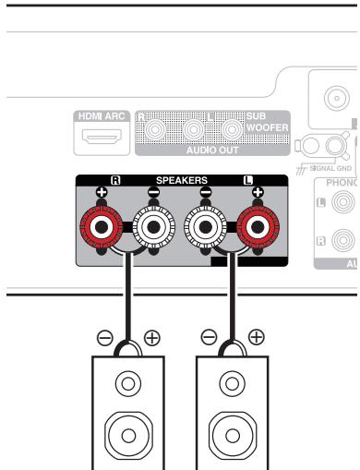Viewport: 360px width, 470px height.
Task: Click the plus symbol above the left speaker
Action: pos(152,363)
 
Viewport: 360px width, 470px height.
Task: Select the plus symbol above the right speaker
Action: pos(257,363)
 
